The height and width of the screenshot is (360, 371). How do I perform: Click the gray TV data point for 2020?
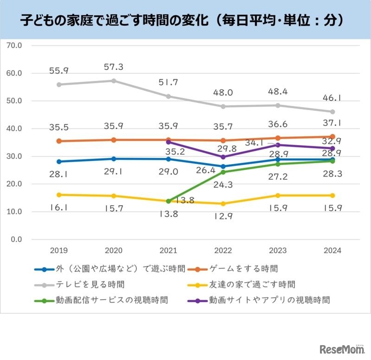pos(114,81)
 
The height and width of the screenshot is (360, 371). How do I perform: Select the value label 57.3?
pos(114,67)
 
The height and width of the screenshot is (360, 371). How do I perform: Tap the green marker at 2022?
pos(223,172)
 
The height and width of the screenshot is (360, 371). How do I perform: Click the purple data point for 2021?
pos(168,142)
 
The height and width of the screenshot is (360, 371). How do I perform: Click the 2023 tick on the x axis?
pos(278,250)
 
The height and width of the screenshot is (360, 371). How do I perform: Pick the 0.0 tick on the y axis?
pos(17,240)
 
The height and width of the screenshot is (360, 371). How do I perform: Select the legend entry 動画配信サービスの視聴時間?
pos(104,300)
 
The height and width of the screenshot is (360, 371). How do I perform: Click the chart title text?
pos(185,20)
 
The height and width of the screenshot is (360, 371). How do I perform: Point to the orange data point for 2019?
pos(59,141)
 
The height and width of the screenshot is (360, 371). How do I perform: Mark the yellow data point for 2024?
pos(333,195)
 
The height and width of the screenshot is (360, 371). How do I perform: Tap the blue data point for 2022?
pos(223,166)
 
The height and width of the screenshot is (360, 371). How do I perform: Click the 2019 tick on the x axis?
pos(59,250)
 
